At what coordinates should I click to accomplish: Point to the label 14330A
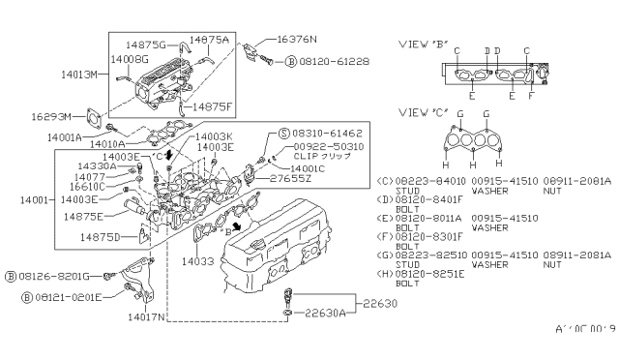click(100, 167)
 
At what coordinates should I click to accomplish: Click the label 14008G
click(130, 59)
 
